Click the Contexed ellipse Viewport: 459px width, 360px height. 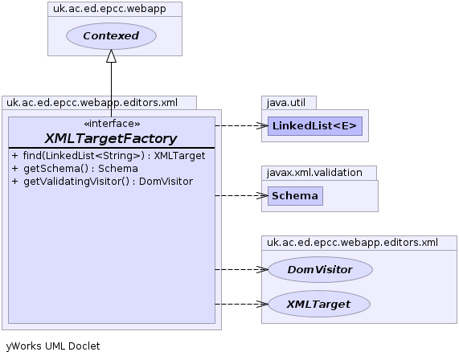111,36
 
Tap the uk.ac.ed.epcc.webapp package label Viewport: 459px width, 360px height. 109,9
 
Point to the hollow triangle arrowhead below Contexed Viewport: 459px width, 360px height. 111,56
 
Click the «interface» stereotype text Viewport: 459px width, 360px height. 112,124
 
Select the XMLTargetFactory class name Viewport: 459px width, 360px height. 111,138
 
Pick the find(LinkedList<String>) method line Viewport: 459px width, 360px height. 109,156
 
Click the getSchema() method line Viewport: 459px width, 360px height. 75,169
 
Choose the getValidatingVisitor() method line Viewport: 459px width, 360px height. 102,182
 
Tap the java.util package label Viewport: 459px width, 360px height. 286,103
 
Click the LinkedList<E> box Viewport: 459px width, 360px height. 315,126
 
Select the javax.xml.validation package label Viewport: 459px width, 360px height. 314,173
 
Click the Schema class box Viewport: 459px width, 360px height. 295,196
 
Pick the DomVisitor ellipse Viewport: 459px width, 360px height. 320,269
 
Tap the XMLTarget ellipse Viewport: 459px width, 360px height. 319,304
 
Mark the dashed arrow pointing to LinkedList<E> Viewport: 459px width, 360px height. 241,126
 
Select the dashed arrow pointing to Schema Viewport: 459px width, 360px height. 241,195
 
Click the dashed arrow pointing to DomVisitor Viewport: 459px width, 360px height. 241,269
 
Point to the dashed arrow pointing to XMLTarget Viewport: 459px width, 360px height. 241,304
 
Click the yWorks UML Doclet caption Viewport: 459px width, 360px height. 53,346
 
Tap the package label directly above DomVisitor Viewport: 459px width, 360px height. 352,243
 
